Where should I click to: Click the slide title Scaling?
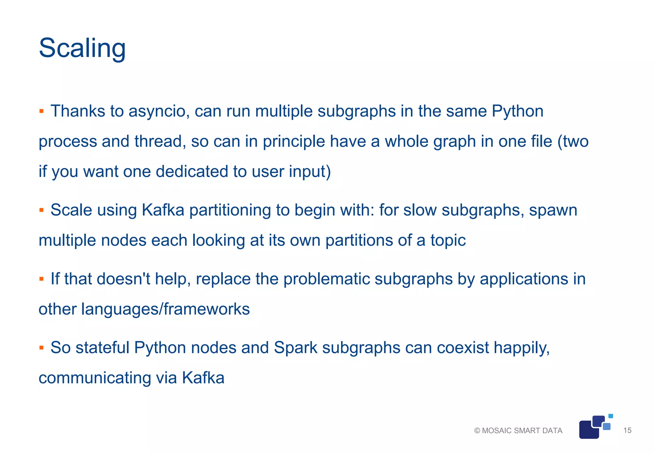[82, 48]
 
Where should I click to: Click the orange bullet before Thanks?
[41, 111]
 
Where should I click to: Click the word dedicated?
[192, 172]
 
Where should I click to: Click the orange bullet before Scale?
[41, 210]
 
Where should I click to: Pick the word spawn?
[553, 210]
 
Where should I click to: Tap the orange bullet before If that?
[41, 279]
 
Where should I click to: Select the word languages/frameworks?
[165, 309]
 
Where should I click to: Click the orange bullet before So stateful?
[41, 348]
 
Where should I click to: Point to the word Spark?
[295, 348]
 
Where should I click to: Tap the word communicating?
[95, 378]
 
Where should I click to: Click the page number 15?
[627, 430]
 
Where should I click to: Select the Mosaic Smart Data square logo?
[595, 427]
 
